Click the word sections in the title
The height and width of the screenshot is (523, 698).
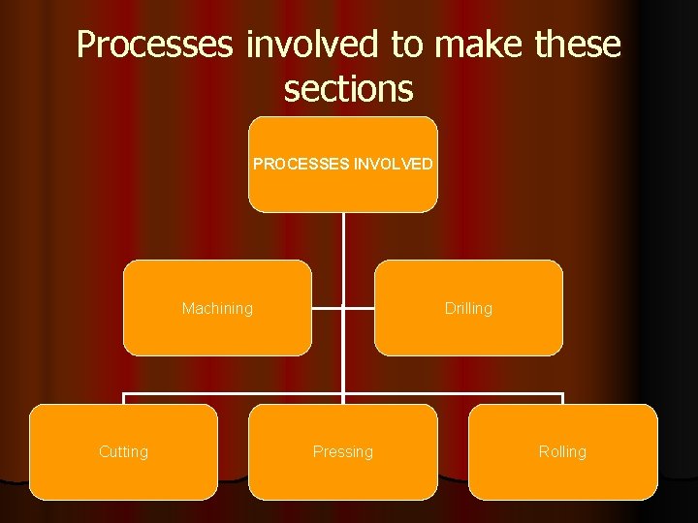(348, 88)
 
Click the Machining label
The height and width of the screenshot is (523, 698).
(217, 309)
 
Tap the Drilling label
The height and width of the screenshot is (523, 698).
(468, 309)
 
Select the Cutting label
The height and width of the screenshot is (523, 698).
(124, 452)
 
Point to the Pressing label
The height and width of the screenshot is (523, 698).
(343, 452)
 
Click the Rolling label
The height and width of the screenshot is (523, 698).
(562, 452)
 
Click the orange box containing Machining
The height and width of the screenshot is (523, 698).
(217, 334)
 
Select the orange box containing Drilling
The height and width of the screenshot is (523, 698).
(468, 334)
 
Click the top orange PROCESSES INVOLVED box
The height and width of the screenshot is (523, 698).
(343, 190)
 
